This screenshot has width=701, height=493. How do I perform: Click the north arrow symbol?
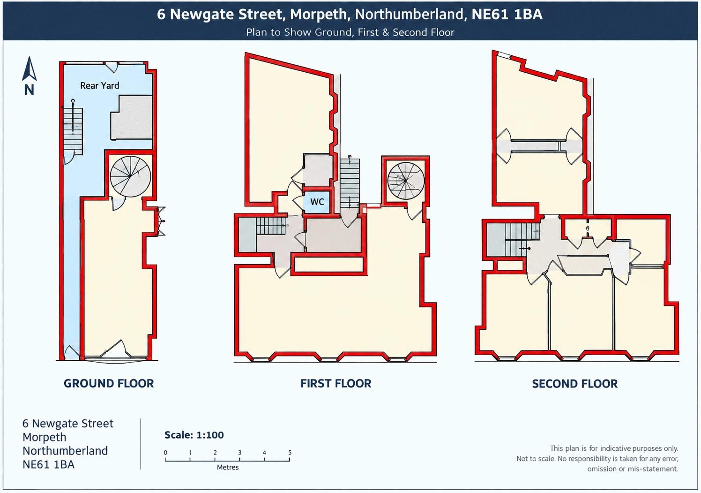tap(29, 69)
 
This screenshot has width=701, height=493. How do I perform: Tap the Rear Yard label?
tap(99, 85)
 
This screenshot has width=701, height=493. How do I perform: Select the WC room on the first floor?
tap(316, 202)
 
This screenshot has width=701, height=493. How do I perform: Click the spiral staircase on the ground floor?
tap(130, 177)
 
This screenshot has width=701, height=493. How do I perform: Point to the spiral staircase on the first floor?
tap(406, 181)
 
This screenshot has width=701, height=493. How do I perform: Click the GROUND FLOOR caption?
tap(109, 383)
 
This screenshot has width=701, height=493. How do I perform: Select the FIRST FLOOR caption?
tap(336, 383)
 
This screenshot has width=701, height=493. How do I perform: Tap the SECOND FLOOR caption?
tap(574, 384)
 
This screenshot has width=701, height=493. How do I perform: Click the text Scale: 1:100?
tap(194, 435)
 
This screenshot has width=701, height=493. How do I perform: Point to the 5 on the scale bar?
tap(290, 453)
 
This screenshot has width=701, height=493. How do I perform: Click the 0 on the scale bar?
tap(165, 453)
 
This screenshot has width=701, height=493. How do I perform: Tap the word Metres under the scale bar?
tap(228, 467)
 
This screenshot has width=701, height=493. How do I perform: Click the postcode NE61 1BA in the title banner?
tap(507, 15)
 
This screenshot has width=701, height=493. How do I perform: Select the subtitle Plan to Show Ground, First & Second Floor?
tap(350, 32)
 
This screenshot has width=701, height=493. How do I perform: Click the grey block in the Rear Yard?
tap(131, 117)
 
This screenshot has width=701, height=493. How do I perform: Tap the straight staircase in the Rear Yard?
tap(73, 131)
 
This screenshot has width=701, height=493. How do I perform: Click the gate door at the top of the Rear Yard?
tap(111, 67)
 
